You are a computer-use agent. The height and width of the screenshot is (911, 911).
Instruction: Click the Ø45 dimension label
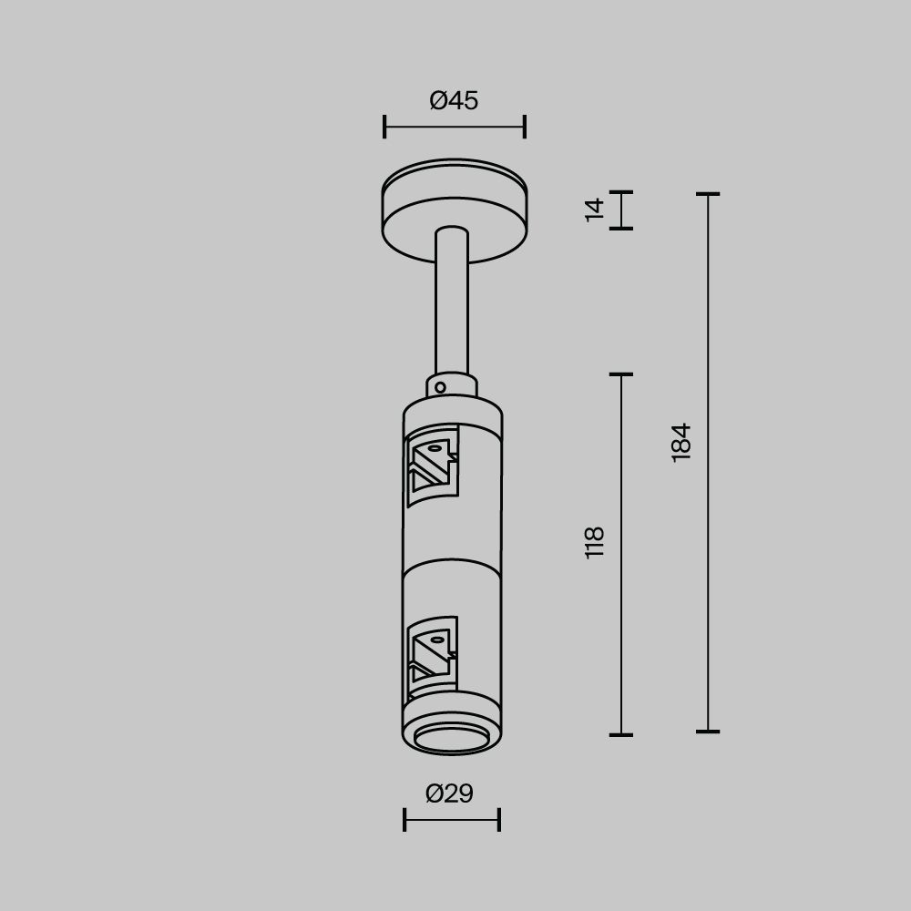[454, 100]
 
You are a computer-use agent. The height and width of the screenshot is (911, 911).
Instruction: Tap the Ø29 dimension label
[450, 793]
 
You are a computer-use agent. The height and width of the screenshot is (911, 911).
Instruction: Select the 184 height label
[681, 442]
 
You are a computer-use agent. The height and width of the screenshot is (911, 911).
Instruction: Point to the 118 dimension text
[595, 542]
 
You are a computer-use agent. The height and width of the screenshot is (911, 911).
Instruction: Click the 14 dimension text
[595, 209]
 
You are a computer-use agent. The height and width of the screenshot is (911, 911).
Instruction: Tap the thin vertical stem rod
[452, 301]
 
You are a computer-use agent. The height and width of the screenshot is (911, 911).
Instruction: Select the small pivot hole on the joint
[440, 387]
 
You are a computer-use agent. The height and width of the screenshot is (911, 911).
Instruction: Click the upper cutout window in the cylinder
[432, 467]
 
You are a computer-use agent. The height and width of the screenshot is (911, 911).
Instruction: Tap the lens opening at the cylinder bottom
[452, 740]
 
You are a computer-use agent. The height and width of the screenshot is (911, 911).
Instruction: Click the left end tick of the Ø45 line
[384, 127]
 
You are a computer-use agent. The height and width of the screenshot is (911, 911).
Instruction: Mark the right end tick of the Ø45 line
[525, 127]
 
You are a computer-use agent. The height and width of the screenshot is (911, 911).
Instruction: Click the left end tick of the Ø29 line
[404, 820]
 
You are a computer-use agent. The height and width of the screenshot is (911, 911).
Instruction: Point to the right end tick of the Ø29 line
[499, 820]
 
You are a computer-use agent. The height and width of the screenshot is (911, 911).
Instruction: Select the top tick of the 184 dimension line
[708, 194]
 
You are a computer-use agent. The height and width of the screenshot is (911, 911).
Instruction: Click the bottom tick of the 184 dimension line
[708, 731]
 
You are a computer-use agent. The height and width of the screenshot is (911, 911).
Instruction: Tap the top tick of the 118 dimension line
[621, 374]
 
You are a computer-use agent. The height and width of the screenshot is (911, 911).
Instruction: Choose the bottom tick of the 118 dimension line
[621, 733]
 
